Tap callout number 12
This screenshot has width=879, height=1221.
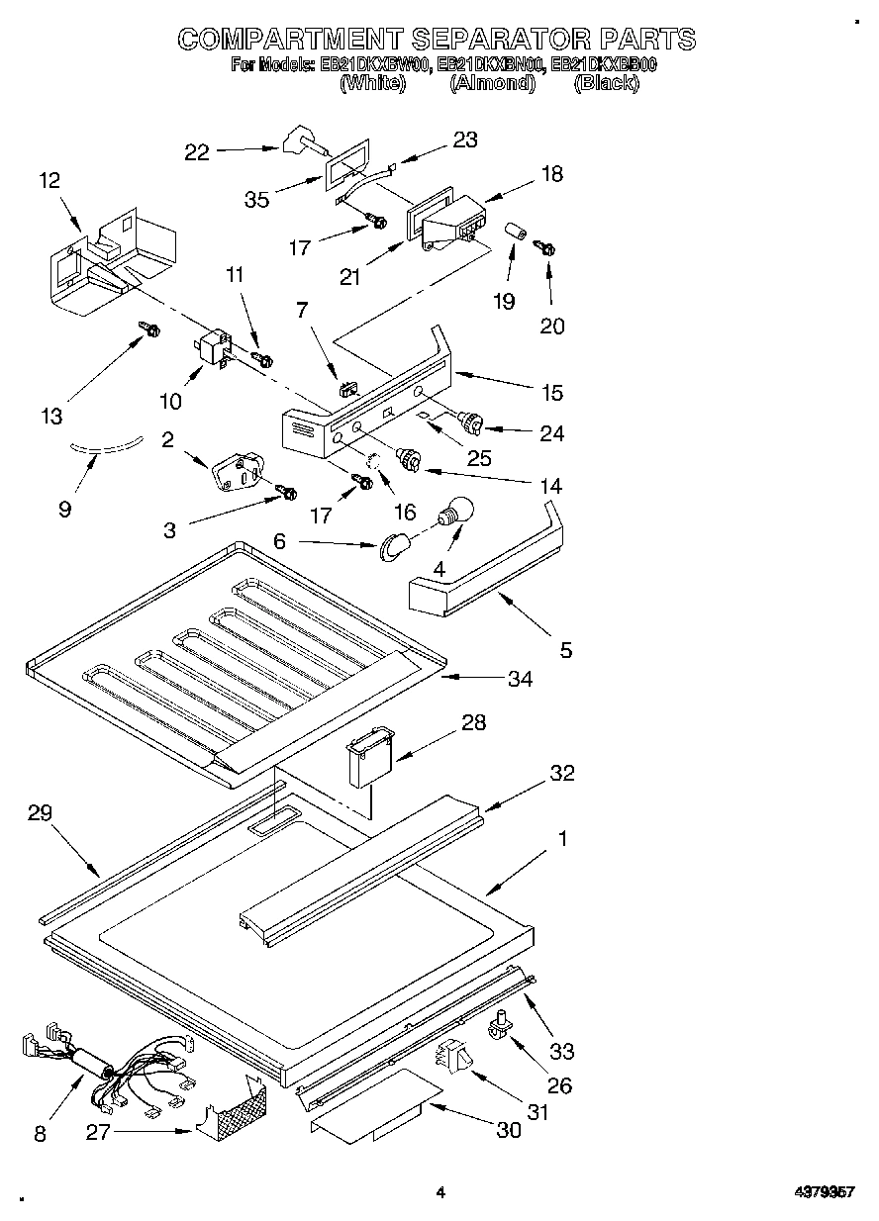[x=49, y=181]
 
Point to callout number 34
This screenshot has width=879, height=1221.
[x=520, y=679]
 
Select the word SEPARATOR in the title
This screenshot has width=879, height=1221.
[x=502, y=41]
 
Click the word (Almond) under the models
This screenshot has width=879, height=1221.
[x=492, y=84]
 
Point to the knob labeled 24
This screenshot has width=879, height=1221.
[x=470, y=423]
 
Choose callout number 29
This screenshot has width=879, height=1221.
[x=40, y=812]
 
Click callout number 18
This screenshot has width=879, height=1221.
[x=551, y=174]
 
